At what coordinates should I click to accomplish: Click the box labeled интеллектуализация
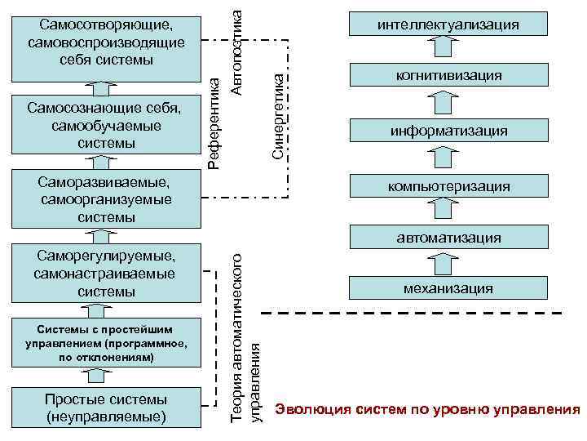[x=448, y=24]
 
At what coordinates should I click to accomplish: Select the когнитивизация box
[x=448, y=76]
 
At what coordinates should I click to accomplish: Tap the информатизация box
[x=448, y=131]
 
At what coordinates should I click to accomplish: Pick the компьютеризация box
[x=448, y=186]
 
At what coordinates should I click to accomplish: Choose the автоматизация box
[x=448, y=238]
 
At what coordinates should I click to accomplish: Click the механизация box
[x=448, y=288]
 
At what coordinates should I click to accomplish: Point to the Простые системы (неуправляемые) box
[x=105, y=408]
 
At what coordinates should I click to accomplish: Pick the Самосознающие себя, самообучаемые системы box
[x=105, y=125]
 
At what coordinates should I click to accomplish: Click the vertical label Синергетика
[x=277, y=114]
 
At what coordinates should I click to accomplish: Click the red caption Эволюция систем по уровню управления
[x=427, y=408]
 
